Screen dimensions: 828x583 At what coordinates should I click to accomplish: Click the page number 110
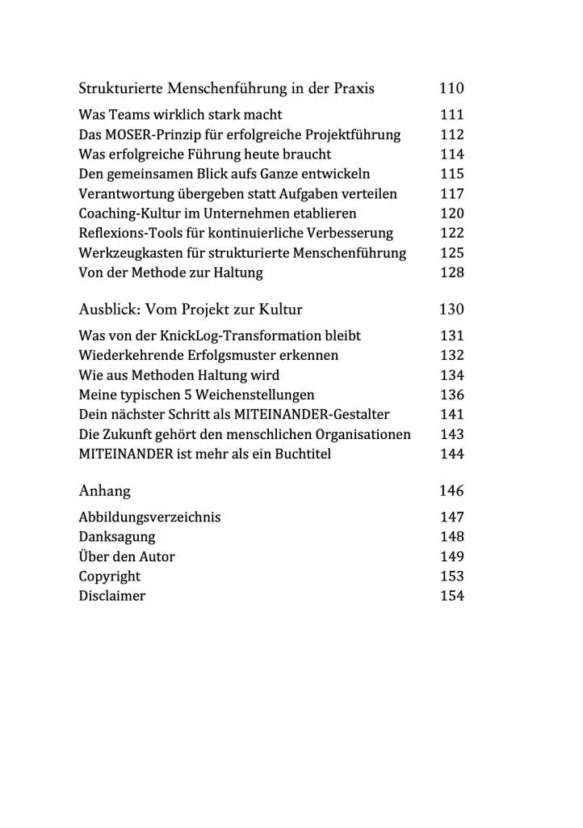451,88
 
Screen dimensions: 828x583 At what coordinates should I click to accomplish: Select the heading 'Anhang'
104,491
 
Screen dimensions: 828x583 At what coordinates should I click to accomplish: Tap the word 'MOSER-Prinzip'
153,135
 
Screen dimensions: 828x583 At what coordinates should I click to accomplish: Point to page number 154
452,596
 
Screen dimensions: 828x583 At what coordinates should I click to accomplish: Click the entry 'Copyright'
109,577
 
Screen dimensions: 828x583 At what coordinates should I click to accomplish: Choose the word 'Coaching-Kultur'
125,213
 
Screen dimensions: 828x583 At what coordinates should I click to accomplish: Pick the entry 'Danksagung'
116,537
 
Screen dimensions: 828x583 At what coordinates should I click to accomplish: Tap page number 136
452,395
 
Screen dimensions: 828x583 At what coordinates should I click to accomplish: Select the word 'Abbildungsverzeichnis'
149,517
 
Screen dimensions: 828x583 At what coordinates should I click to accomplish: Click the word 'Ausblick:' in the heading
108,310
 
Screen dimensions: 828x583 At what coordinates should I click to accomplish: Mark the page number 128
452,272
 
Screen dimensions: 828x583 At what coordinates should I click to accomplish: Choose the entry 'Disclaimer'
111,596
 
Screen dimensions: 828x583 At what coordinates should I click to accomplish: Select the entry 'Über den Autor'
126,556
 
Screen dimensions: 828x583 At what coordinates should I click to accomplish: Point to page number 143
452,434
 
